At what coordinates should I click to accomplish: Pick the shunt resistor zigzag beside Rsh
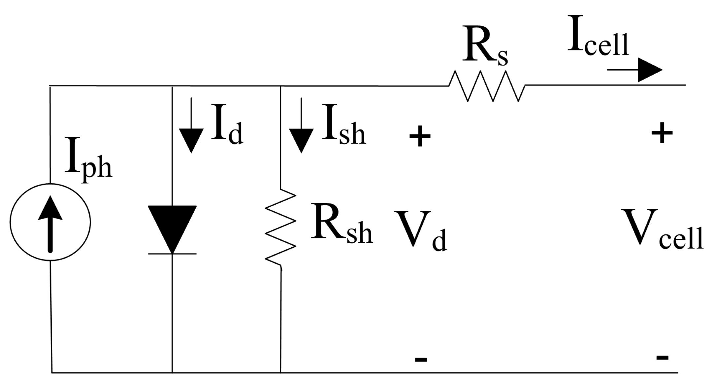pyautogui.click(x=280, y=228)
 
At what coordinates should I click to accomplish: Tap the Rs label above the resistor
pyautogui.click(x=484, y=50)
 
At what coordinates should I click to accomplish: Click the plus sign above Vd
pyautogui.click(x=420, y=136)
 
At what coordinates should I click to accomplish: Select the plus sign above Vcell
pyautogui.click(x=662, y=133)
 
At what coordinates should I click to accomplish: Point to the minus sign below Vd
pyautogui.click(x=421, y=359)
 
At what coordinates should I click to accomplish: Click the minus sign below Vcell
pyautogui.click(x=662, y=357)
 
